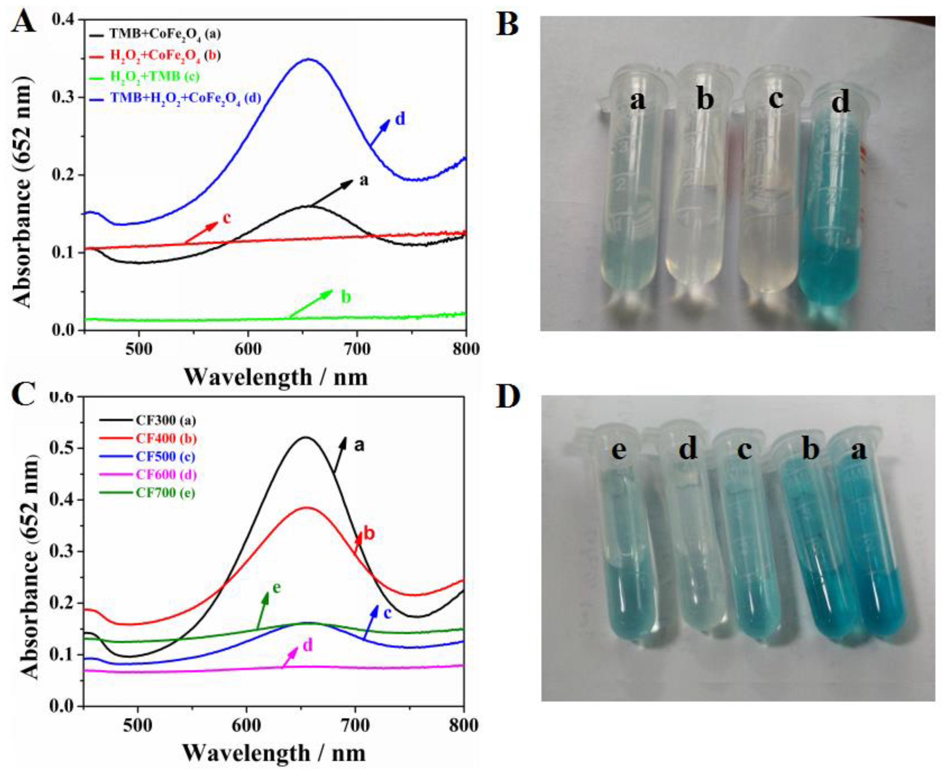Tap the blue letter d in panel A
400,119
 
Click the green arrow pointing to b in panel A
310,303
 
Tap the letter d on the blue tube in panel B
841,103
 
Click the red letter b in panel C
369,533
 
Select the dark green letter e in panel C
277,587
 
